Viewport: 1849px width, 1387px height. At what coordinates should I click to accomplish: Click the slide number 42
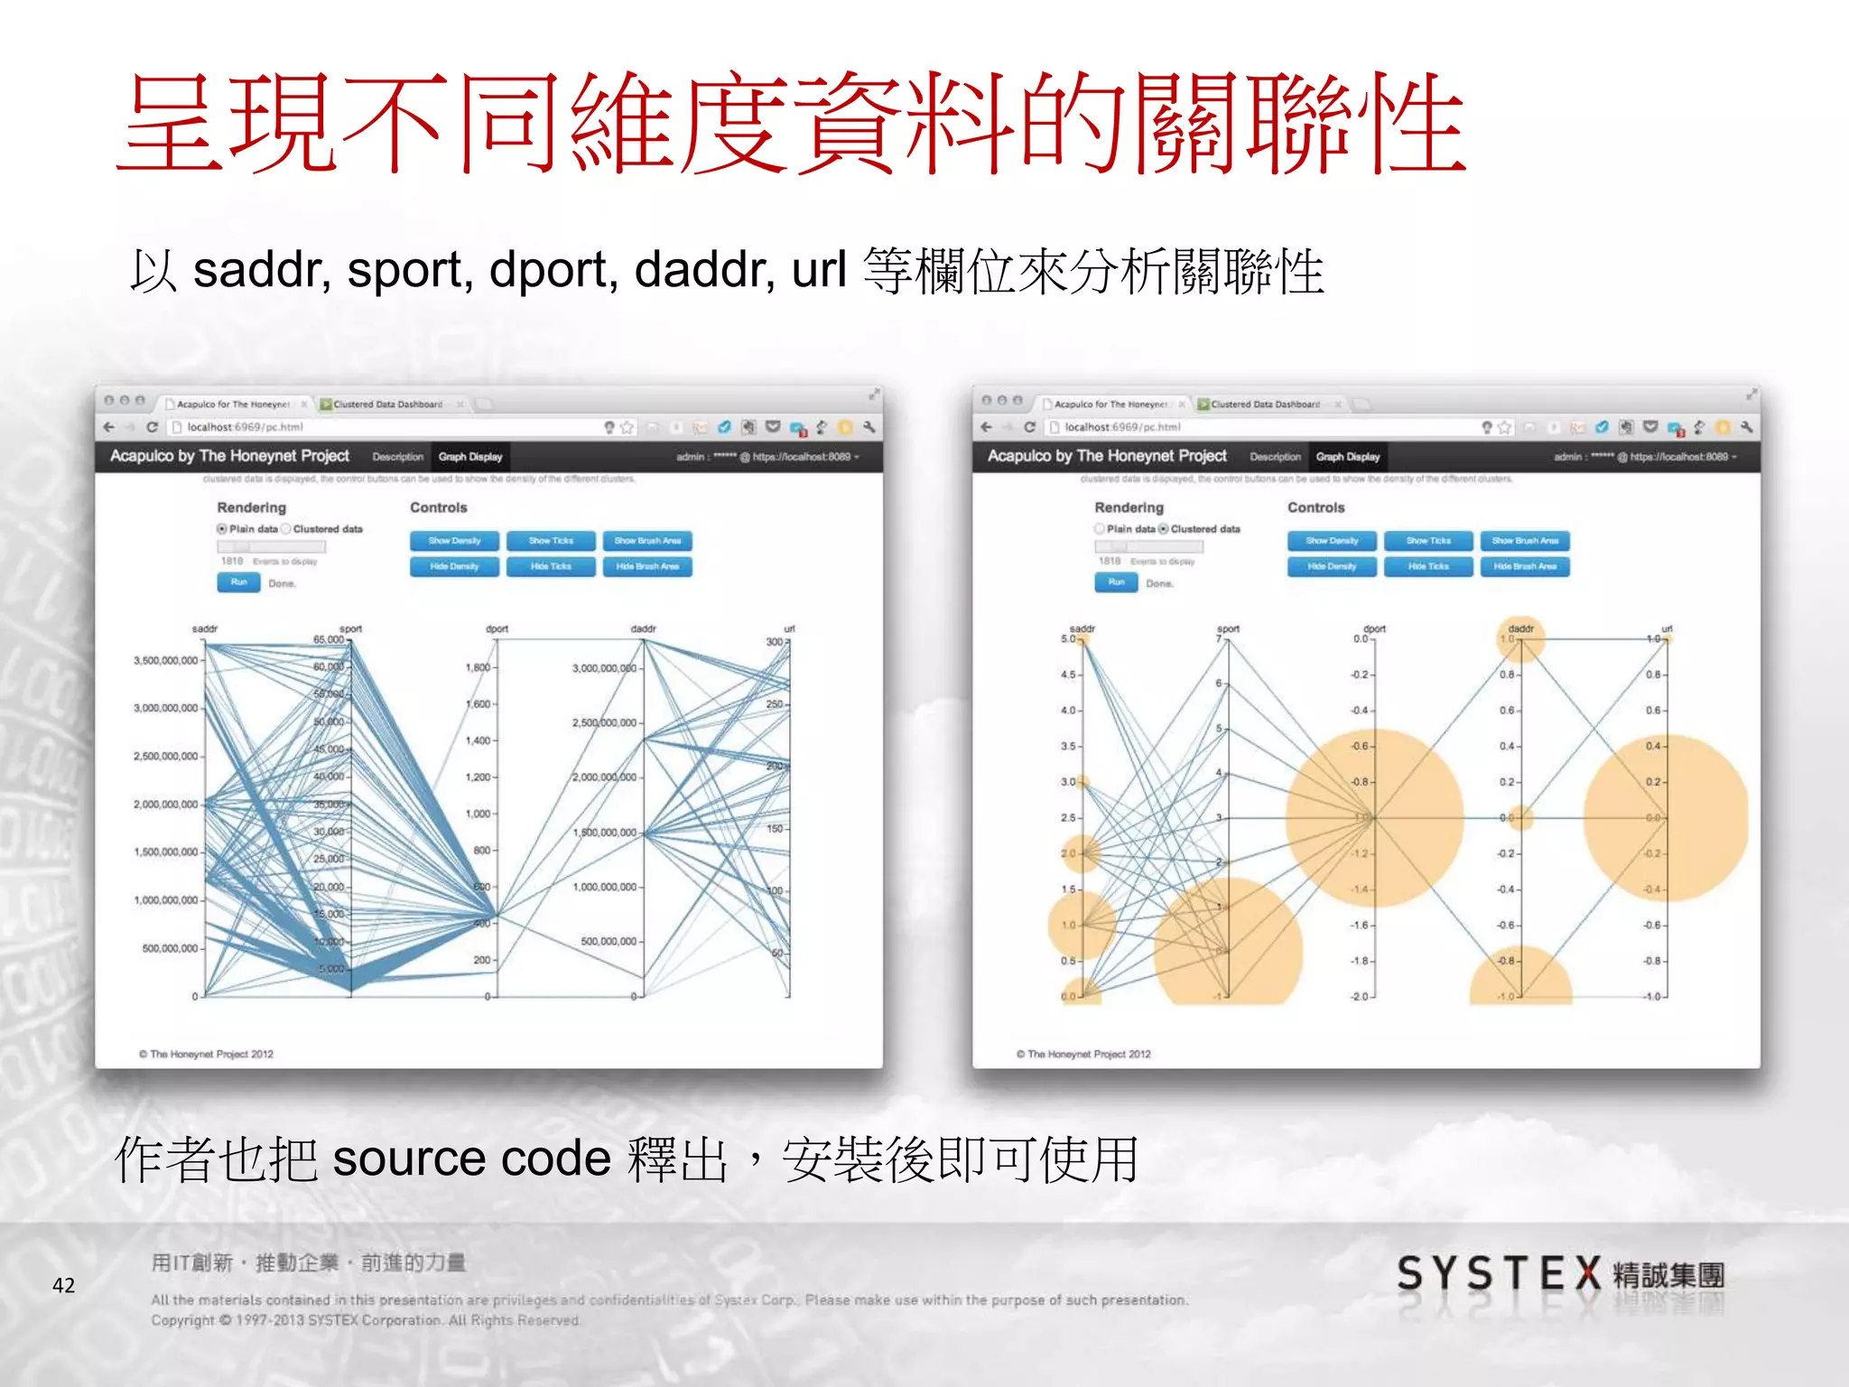click(x=63, y=1285)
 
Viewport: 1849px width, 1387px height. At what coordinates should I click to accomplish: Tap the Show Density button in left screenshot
click(x=454, y=541)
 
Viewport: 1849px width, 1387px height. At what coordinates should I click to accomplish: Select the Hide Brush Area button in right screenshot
click(x=1525, y=566)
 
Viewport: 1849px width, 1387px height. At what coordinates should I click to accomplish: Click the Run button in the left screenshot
click(x=238, y=582)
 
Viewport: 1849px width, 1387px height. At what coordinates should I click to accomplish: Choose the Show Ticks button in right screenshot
click(x=1428, y=541)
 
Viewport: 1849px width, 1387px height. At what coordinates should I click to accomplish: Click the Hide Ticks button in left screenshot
click(x=551, y=566)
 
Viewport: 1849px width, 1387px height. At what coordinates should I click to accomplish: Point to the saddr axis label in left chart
click(x=205, y=628)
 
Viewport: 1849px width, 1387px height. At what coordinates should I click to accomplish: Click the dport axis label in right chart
click(x=1374, y=628)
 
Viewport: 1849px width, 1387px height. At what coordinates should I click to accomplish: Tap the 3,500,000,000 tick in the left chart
click(x=166, y=660)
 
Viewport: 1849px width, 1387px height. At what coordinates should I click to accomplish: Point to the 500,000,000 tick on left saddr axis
click(x=170, y=948)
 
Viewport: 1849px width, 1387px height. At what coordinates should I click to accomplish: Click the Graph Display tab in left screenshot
click(x=470, y=457)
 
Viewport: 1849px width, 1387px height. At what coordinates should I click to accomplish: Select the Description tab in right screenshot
click(x=1275, y=457)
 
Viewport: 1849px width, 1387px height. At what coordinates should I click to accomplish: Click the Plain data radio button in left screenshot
click(x=222, y=529)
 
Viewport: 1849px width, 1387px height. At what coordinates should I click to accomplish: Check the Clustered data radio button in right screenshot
click(x=1164, y=529)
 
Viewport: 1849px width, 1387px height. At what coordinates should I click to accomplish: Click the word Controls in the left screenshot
click(x=439, y=507)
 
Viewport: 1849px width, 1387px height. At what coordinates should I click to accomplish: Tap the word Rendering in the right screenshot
click(x=1129, y=507)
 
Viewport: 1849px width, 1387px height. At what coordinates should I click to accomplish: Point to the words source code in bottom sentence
click(x=471, y=1159)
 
